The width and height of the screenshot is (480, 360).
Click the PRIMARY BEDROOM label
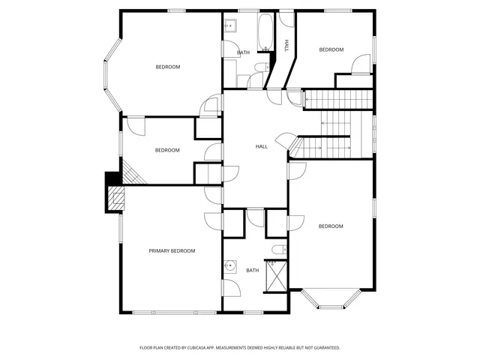pos(172,250)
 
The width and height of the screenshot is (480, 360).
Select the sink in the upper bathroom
pos(230,27)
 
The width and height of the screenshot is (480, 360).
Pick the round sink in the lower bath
pos(231,266)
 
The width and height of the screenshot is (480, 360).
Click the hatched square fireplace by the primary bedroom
pos(115,199)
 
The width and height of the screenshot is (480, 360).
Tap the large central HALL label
pos(261,146)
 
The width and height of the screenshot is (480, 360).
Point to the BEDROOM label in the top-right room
pos(331,49)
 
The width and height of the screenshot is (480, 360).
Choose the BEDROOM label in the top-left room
pos(167,67)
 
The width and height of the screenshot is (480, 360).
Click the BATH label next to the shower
pos(252,270)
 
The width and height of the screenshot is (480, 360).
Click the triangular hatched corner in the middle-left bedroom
pos(131,174)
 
